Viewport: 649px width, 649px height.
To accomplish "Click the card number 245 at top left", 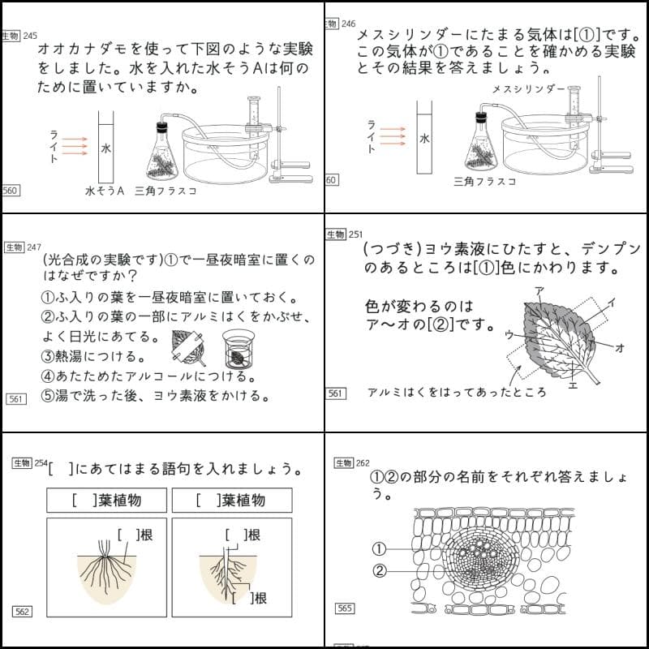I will (x=30, y=36).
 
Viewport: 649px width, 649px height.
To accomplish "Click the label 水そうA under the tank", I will (x=103, y=191).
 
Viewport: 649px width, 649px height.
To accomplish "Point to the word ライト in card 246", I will (x=371, y=136).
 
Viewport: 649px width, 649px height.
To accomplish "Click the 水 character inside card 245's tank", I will (x=105, y=148).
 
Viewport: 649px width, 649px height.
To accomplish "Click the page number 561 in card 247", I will (x=15, y=399).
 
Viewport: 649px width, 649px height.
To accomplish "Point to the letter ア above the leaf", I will (x=539, y=290).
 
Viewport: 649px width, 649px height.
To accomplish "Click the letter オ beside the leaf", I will (x=620, y=347).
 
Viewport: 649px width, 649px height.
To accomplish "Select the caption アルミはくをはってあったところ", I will (x=456, y=392).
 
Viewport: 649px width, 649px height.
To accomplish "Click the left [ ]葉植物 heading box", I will (x=106, y=500).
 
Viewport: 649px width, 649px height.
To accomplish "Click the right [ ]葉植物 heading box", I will (x=230, y=500).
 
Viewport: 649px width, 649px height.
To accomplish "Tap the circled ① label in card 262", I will (x=379, y=548).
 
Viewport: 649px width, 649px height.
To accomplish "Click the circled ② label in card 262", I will (x=379, y=570).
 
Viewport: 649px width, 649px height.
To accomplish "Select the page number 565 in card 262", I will (x=345, y=607).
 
